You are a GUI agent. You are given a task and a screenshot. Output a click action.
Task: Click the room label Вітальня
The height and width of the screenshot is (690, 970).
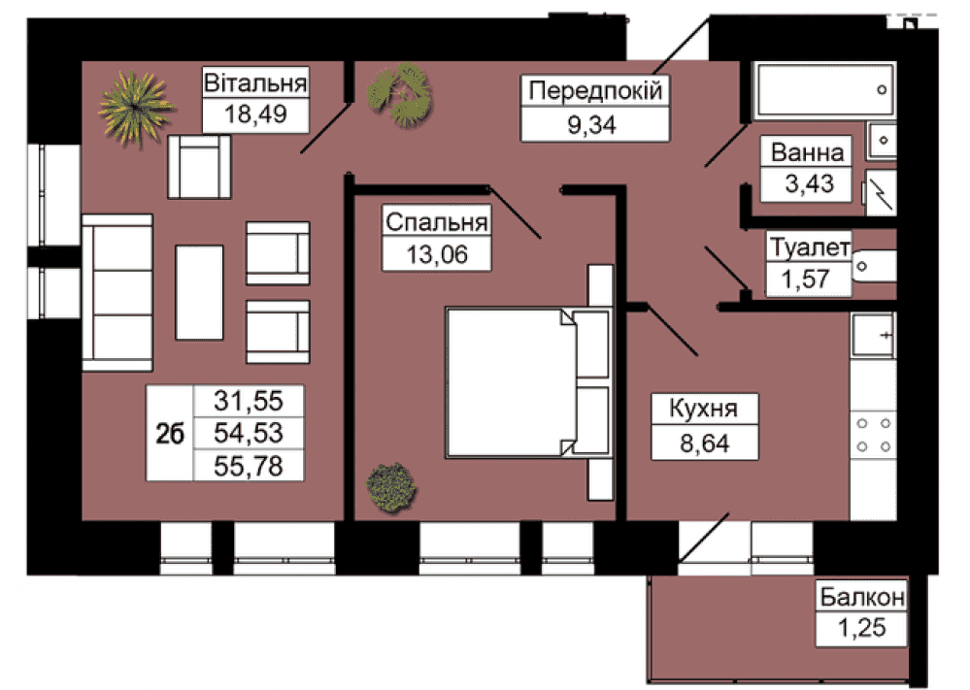255,82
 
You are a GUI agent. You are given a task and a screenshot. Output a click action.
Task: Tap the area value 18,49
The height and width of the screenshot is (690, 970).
255,115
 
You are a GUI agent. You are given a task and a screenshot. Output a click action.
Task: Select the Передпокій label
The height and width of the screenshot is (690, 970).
595,91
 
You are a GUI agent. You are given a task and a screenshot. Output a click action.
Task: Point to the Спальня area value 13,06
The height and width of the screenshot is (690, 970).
437,254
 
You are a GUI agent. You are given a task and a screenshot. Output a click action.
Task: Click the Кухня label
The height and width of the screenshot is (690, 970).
704,409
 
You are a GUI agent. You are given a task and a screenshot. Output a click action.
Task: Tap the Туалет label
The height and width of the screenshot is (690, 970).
810,247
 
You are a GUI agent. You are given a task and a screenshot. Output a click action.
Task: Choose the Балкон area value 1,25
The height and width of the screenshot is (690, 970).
862,628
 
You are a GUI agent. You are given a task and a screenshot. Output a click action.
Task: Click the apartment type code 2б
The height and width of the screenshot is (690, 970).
170,434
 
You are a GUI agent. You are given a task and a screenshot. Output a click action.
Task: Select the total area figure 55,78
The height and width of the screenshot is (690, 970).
249,466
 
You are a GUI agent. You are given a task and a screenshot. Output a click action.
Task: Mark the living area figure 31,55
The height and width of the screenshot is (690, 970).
249,401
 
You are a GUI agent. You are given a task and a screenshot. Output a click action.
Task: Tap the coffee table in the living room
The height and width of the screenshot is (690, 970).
199,292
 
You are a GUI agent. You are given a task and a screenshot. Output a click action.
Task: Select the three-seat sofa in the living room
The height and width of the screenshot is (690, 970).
117,292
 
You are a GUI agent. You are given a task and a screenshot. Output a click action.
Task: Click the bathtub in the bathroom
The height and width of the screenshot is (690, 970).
824,90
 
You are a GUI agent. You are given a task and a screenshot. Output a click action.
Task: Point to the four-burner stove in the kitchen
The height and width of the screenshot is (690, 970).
874,435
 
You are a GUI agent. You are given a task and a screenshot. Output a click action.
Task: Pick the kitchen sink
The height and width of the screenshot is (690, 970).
873,336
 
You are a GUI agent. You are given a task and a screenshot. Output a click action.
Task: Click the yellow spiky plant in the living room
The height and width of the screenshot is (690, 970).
135,108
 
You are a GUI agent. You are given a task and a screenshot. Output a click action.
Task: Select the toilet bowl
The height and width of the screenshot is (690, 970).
874,267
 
